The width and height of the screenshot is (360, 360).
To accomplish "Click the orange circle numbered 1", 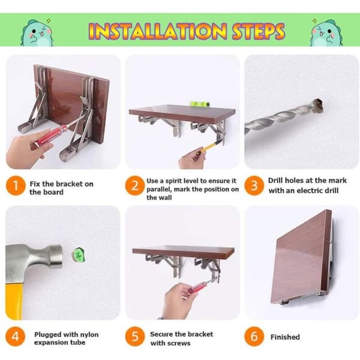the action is tap(15, 185).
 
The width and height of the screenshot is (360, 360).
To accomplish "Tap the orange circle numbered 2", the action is tap(135, 185).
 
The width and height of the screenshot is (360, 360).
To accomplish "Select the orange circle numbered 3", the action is tap(254, 185).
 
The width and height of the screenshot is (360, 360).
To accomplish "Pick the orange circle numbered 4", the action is tap(15, 337).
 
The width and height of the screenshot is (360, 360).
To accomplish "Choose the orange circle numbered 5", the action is tap(135, 337).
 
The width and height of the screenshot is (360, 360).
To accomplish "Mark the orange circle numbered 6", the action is tap(254, 337).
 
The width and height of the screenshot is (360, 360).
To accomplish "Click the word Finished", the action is tap(285, 337).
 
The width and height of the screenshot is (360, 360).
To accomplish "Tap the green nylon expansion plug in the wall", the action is tap(78, 256).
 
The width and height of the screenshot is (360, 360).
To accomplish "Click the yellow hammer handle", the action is tap(14, 301).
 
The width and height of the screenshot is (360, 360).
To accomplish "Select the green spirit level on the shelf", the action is tap(199, 104).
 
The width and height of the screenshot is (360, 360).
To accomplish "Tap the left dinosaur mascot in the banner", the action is tap(37, 33).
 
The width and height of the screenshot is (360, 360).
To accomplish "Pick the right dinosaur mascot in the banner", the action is tap(326, 33).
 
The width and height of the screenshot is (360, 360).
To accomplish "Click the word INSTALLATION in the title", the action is tap(158, 31).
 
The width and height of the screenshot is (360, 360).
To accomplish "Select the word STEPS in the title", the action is tap(258, 31).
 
